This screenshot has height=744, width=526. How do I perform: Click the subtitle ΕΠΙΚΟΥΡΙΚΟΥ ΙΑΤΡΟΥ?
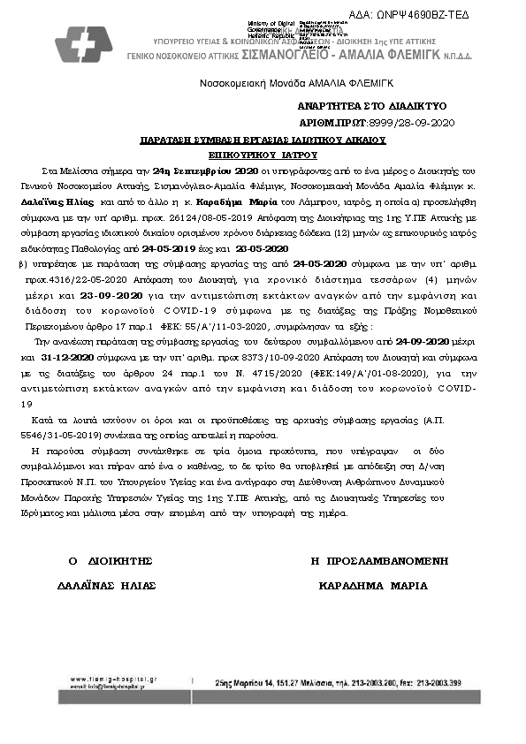pos(263,153)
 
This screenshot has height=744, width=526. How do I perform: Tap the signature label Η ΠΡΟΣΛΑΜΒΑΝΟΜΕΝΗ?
pos(379,560)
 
